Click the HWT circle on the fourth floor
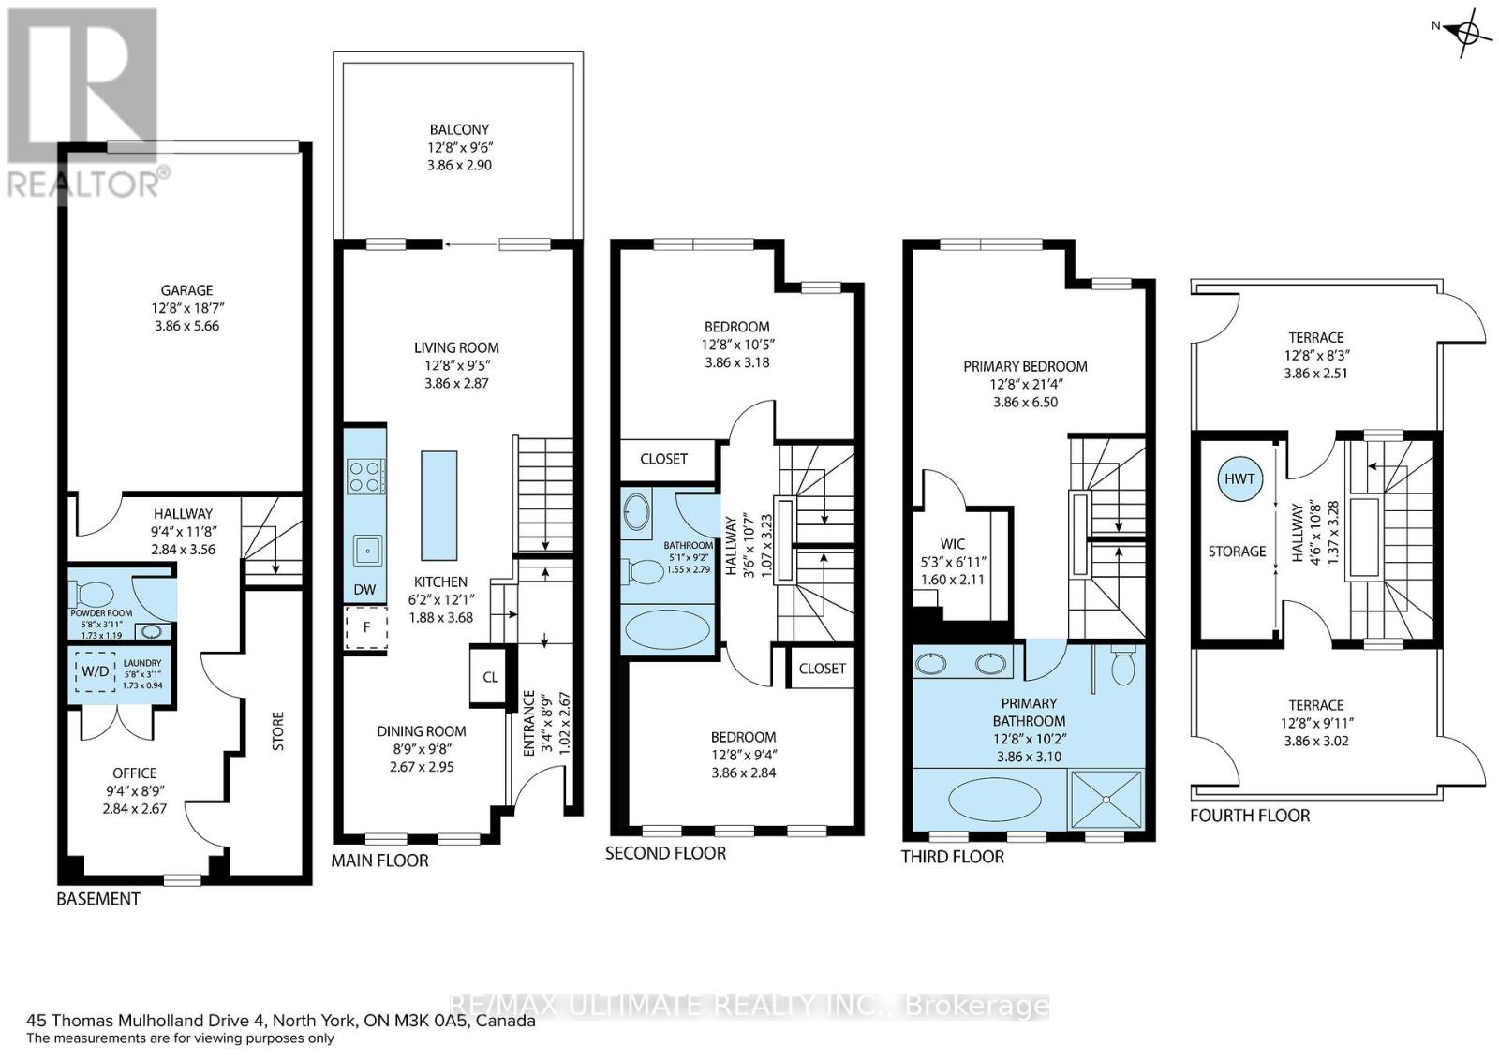[x=1239, y=478]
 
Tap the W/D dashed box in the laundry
[x=95, y=671]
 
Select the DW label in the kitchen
[x=364, y=589]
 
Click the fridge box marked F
[x=366, y=627]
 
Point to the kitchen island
[x=439, y=506]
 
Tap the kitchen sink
[x=367, y=551]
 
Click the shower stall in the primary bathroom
[x=1106, y=799]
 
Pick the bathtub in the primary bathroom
[x=995, y=799]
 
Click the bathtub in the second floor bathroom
[x=667, y=628]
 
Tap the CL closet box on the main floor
[x=490, y=676]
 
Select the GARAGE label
[x=186, y=290]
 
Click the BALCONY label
[x=459, y=130]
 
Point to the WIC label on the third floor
[x=952, y=544]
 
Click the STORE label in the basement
[x=277, y=731]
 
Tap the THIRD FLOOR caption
[x=952, y=857]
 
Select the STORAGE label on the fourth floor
[x=1237, y=552]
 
